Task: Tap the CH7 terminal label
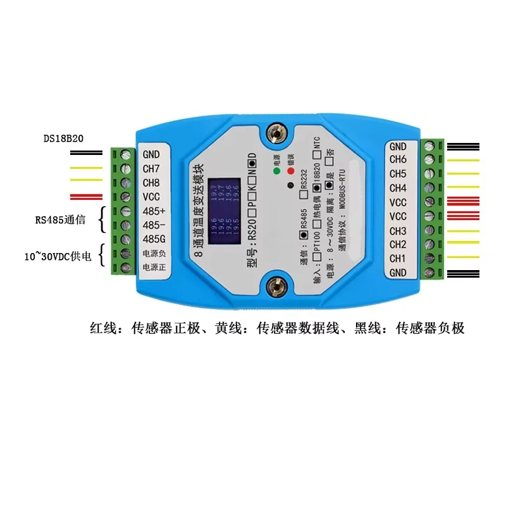(x=152, y=168)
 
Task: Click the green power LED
(x=276, y=171)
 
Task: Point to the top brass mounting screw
(x=276, y=132)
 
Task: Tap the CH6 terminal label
(x=398, y=160)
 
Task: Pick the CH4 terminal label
(x=398, y=188)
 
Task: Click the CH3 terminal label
(x=398, y=230)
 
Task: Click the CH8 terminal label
(x=152, y=182)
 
